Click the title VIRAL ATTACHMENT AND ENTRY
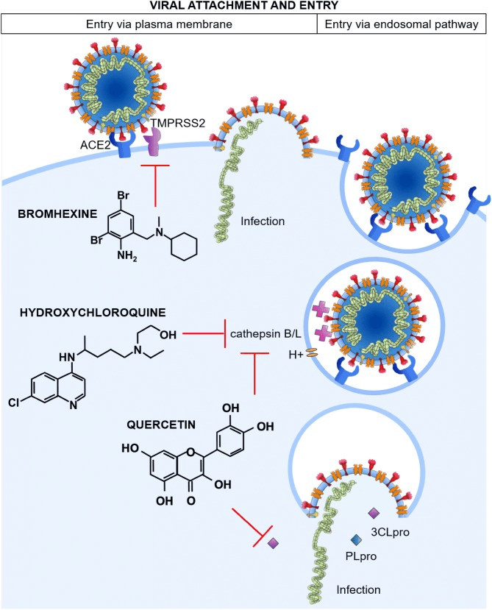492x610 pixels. tap(246, 6)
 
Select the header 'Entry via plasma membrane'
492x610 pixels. tap(159, 24)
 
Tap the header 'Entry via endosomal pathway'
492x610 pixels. tap(404, 24)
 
